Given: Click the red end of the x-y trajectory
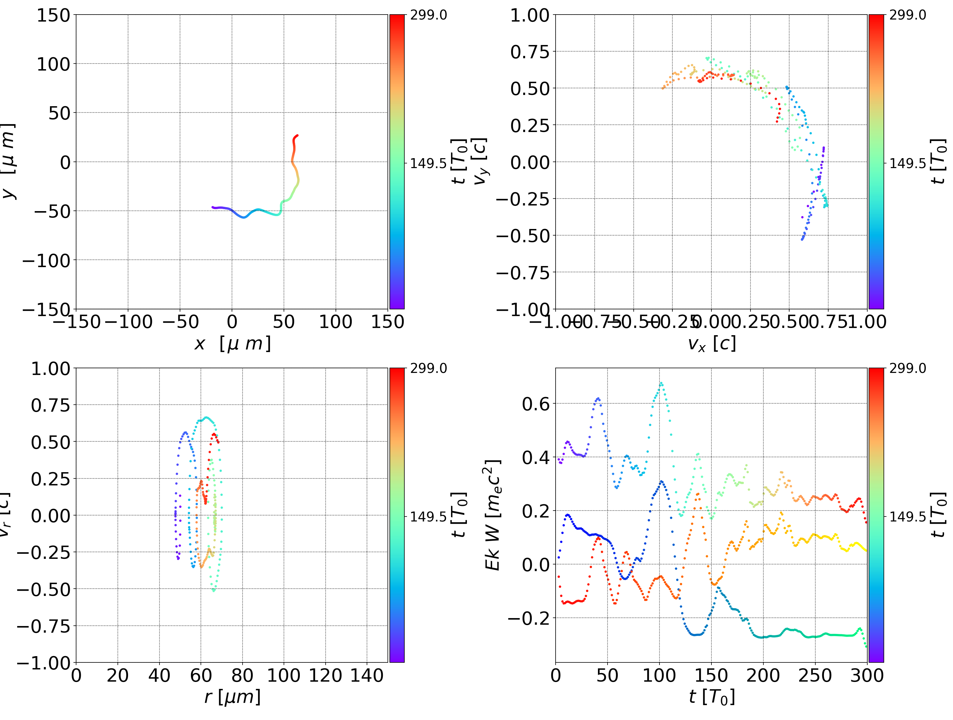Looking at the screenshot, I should click(297, 136).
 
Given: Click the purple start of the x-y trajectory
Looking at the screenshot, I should click(213, 207).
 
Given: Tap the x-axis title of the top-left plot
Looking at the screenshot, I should click(232, 344).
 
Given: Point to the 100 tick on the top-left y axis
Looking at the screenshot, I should click(53, 64).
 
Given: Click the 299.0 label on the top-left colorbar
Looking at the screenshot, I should click(428, 15).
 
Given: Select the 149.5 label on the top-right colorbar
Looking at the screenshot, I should click(907, 163).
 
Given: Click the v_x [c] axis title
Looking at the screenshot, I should click(711, 344).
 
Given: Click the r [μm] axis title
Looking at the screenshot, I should click(232, 697).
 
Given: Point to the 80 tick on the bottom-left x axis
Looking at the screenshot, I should click(242, 675).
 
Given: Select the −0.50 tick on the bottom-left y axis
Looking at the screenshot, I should click(44, 589).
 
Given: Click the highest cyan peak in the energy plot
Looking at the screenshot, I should click(661, 382).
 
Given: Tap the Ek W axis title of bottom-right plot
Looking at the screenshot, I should click(492, 515).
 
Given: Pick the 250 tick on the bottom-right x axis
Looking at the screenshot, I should click(815, 675).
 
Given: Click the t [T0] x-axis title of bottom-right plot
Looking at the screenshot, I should click(711, 697).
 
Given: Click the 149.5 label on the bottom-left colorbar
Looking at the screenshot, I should click(428, 516).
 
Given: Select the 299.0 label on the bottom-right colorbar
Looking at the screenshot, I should click(907, 368).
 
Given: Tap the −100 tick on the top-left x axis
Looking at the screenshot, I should click(128, 322).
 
